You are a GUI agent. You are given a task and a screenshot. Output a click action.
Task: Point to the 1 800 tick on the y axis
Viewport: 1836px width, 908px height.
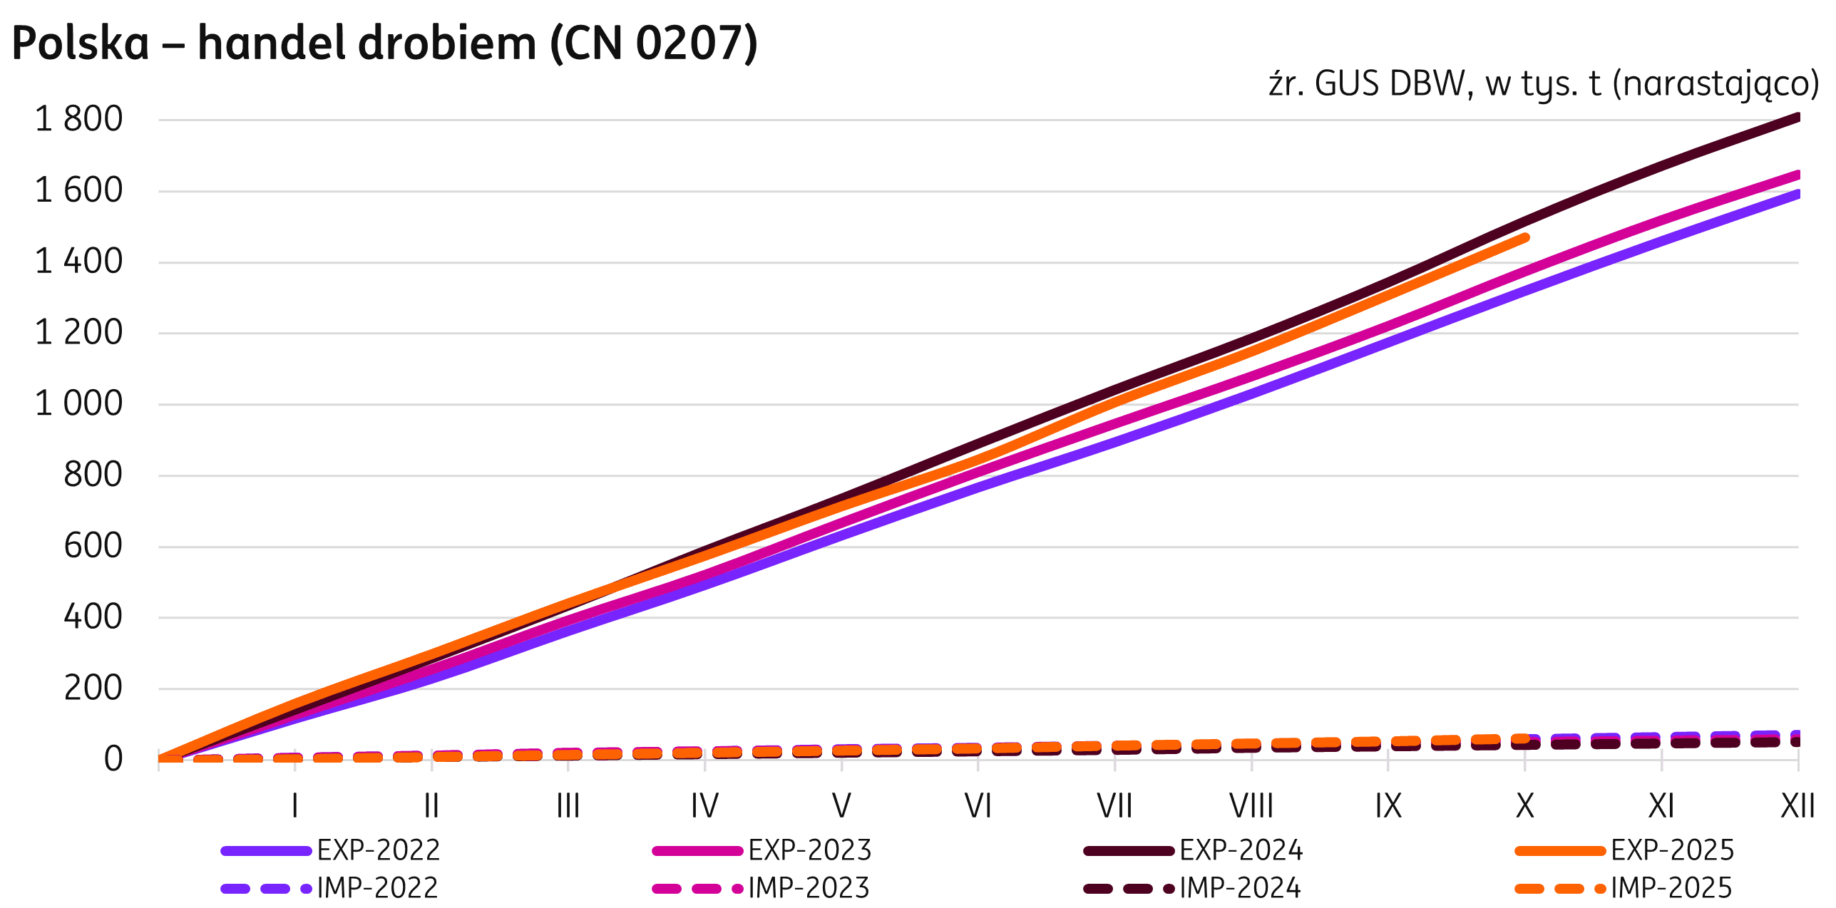[78, 120]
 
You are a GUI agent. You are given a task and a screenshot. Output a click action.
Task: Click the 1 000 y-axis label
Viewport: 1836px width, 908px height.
[78, 405]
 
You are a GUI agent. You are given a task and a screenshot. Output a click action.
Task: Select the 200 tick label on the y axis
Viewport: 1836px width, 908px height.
[93, 688]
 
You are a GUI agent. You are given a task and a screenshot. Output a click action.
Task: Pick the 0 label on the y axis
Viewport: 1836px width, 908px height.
[113, 760]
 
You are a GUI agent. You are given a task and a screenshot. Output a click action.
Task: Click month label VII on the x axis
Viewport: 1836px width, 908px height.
[1114, 807]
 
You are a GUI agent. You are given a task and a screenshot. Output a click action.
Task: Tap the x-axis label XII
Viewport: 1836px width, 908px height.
[1797, 807]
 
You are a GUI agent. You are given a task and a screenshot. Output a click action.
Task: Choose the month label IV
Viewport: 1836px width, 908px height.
[704, 807]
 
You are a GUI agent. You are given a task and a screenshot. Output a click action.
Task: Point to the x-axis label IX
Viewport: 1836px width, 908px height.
[1388, 807]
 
